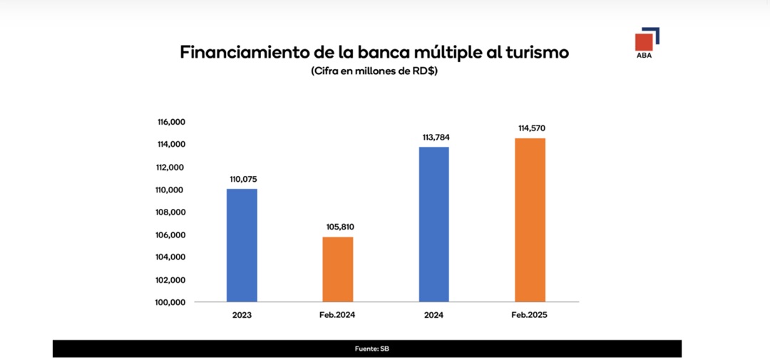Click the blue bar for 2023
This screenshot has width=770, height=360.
(242, 245)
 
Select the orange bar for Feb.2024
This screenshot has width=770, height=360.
(338, 269)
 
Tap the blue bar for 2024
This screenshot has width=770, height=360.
(434, 224)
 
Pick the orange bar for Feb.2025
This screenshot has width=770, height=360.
(530, 220)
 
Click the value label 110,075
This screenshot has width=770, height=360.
(242, 180)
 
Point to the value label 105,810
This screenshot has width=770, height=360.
(339, 227)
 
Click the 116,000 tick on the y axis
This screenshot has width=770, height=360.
(171, 123)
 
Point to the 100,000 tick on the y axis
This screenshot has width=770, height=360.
(171, 302)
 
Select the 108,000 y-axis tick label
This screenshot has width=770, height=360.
(171, 212)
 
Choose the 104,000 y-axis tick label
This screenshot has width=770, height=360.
(171, 257)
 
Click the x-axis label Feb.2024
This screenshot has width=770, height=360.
(338, 315)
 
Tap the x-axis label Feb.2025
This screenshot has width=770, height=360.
(530, 315)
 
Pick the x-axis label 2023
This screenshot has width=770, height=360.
(242, 315)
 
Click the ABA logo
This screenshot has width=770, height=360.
(646, 43)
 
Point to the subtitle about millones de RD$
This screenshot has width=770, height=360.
(374, 71)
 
